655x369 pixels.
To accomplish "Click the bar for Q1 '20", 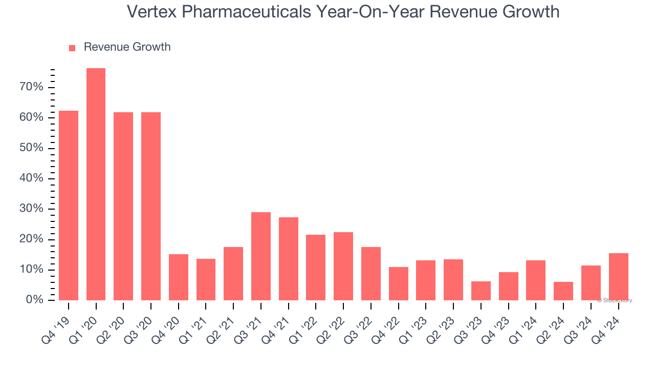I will [x=96, y=184].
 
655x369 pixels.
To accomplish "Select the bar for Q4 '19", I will [x=69, y=205].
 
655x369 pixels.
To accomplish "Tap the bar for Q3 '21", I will [x=261, y=256].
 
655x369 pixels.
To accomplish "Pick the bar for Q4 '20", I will [x=179, y=277].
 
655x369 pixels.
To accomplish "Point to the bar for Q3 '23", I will [x=481, y=291].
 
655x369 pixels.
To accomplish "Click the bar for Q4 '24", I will [x=619, y=276].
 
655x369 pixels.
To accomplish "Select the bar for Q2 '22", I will [x=343, y=266].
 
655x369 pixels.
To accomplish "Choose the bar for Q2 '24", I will [x=563, y=291].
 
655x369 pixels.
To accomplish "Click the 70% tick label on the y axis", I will [x=31, y=87].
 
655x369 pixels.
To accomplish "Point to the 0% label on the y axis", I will [x=34, y=300].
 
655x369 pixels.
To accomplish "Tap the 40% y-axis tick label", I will [x=31, y=178].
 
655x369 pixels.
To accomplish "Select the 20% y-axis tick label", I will [x=31, y=239].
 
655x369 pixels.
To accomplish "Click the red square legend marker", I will [x=72, y=48].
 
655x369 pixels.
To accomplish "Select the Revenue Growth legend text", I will [x=127, y=47].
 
